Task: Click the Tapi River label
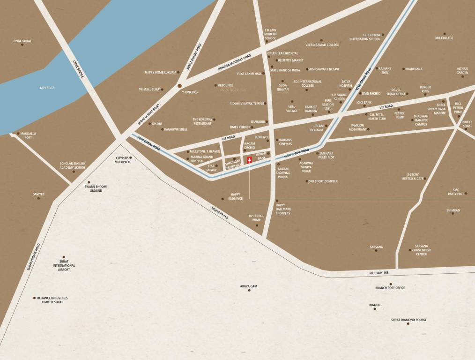click(47, 88)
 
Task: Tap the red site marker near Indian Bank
click(249, 160)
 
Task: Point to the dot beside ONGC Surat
click(22, 45)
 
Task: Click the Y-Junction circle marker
click(179, 86)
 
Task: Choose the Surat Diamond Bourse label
click(408, 320)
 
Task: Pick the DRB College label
click(444, 38)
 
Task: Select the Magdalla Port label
click(28, 135)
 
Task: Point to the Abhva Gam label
click(249, 286)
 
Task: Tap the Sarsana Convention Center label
click(421, 250)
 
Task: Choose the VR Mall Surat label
click(149, 89)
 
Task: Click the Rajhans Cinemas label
click(285, 142)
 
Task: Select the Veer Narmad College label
click(322, 45)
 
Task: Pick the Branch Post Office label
click(390, 288)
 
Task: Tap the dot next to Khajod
click(375, 309)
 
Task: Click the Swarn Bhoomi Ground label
click(96, 188)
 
